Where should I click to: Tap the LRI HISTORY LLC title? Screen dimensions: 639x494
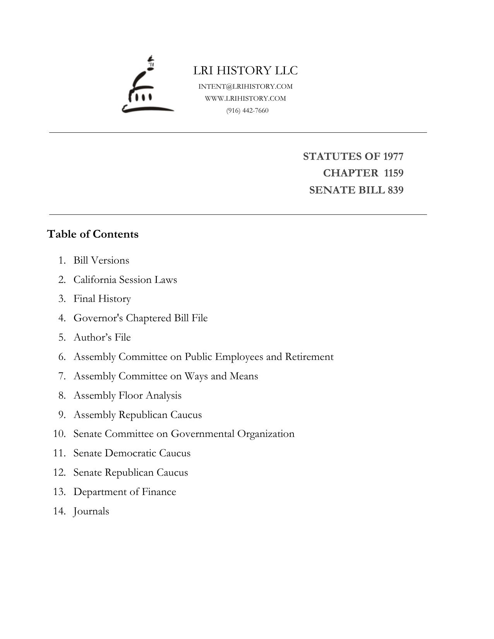245,70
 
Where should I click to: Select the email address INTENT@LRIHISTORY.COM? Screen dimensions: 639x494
245,86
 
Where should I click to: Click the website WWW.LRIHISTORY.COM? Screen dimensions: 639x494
245,98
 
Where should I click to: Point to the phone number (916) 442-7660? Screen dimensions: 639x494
247,110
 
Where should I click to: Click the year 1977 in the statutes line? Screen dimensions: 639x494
393,156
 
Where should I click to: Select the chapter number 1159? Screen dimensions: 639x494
394,173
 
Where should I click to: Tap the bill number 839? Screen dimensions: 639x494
396,190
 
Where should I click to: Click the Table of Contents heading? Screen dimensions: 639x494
93,234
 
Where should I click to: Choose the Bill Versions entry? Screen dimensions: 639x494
101,260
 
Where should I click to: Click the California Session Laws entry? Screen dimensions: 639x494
125,279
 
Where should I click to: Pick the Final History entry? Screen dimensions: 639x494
102,299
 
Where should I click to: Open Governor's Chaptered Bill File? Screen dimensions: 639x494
141,318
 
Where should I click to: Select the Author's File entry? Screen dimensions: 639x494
102,337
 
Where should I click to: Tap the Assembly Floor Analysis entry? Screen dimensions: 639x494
127,395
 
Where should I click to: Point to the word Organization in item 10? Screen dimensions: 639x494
266,433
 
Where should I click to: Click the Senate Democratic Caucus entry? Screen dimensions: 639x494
132,453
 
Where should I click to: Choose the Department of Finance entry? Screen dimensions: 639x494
125,492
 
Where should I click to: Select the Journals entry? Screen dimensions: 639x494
91,511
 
